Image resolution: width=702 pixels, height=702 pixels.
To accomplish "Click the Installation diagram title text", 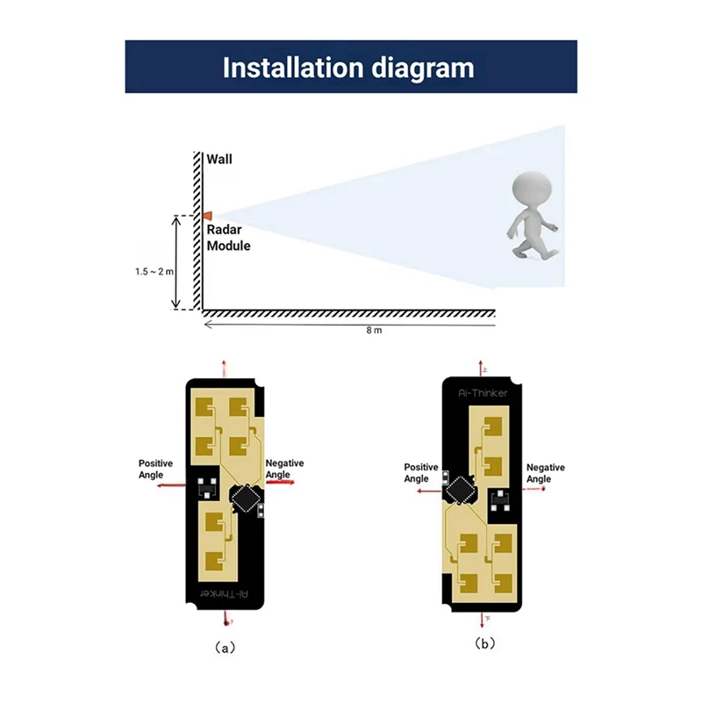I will (348, 68).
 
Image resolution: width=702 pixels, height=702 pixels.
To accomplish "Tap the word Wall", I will (220, 160).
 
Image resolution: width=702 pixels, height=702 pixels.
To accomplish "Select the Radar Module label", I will (228, 238).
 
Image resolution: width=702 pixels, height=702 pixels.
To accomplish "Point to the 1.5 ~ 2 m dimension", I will (155, 272).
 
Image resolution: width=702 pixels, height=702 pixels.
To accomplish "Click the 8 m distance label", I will (374, 331).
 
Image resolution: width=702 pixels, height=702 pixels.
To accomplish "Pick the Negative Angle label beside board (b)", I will (545, 473).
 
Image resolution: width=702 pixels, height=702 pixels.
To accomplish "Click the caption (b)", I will (485, 643).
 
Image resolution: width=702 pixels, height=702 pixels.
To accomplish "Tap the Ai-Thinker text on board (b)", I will (484, 393).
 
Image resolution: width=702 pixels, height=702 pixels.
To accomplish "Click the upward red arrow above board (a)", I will (226, 367).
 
